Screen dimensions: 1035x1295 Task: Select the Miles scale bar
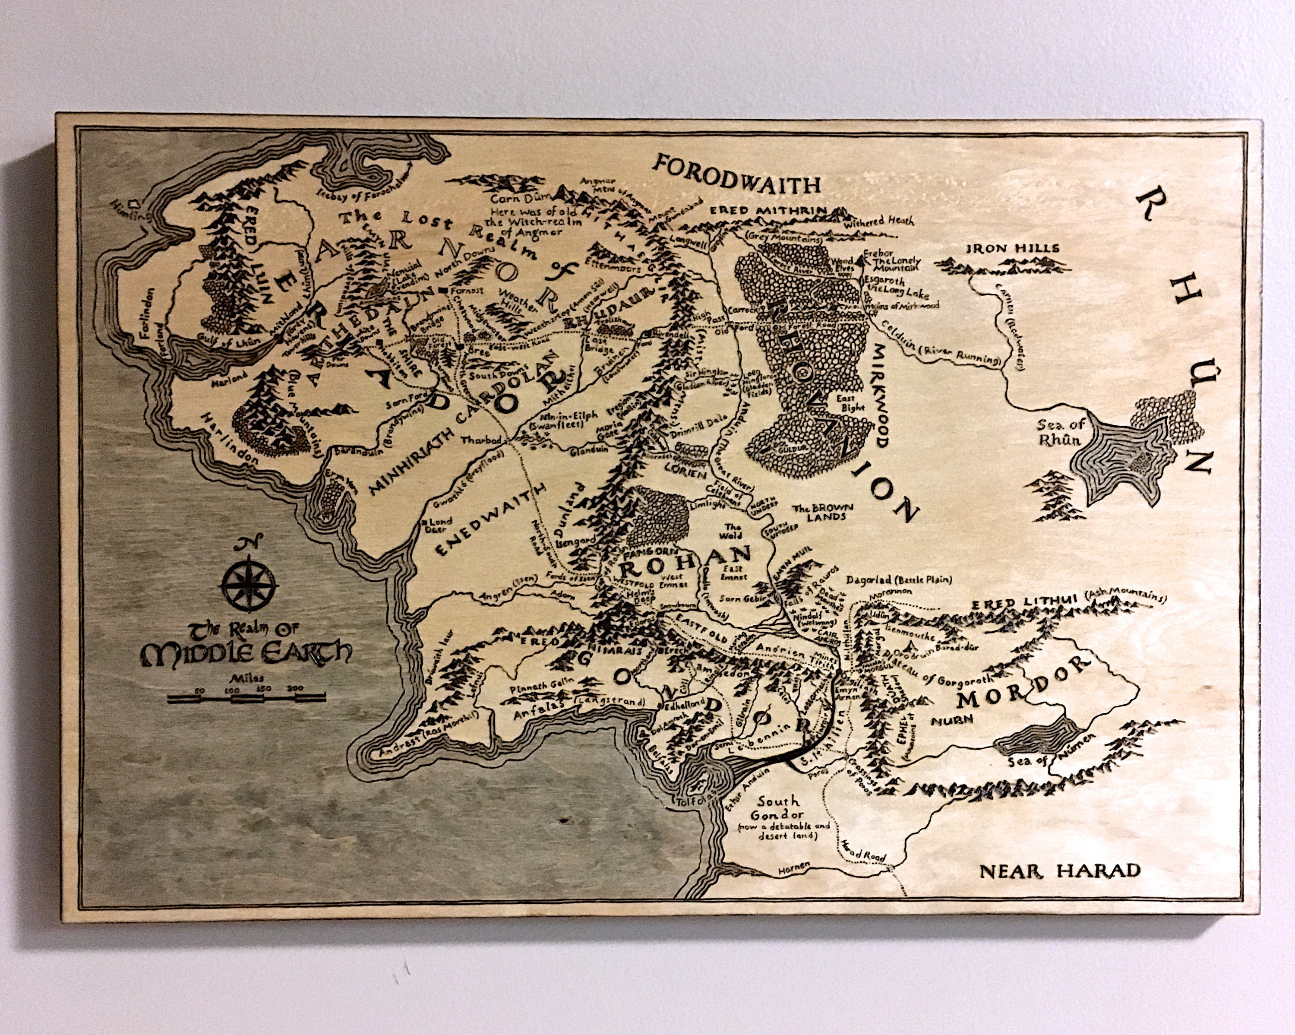pyautogui.click(x=246, y=697)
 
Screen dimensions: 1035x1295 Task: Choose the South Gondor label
pyautogui.click(x=779, y=808)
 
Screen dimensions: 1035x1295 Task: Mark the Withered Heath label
pyautogui.click(x=878, y=223)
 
